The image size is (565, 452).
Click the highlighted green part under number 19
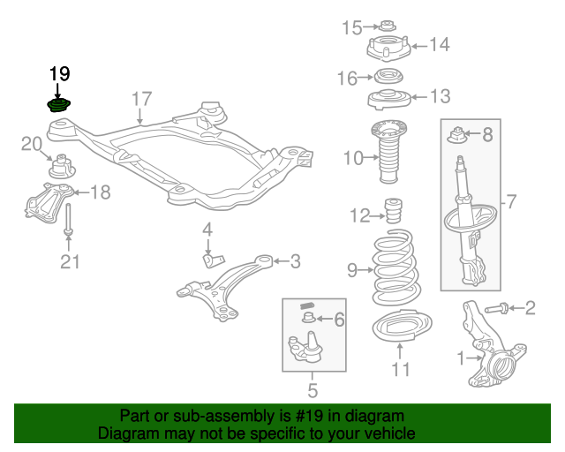point(59,107)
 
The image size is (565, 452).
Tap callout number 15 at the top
point(352,27)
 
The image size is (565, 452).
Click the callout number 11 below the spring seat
point(401,369)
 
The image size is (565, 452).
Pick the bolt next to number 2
point(497,308)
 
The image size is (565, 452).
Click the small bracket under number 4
point(213,259)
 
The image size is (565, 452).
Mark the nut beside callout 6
point(309,318)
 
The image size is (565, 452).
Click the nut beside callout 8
point(459,135)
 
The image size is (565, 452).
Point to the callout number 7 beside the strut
point(508,202)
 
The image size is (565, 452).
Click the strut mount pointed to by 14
point(389,46)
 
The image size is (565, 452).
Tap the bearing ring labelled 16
point(386,76)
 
